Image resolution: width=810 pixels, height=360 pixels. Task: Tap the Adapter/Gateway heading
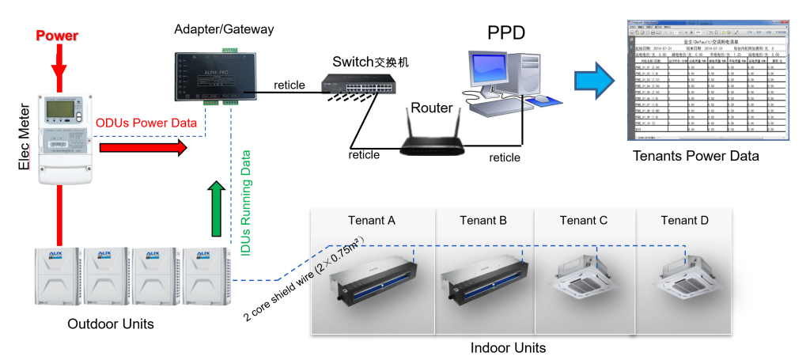(224, 29)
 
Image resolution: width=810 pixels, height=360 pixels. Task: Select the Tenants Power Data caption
(695, 156)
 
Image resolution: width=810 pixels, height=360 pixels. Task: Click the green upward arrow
(214, 207)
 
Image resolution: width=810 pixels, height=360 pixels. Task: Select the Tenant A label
(372, 220)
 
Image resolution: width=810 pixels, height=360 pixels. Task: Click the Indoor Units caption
(509, 347)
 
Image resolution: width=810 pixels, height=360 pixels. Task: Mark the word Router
(432, 108)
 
